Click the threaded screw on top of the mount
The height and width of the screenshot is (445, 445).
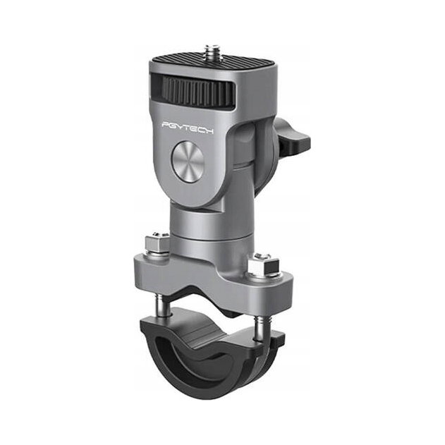pos(212,50)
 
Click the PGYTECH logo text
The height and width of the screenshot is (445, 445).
pos(188,128)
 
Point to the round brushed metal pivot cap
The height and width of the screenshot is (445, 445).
pos(187,162)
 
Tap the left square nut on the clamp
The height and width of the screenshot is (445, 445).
pos(157,244)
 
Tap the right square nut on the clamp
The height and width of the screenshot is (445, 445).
pos(263,265)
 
